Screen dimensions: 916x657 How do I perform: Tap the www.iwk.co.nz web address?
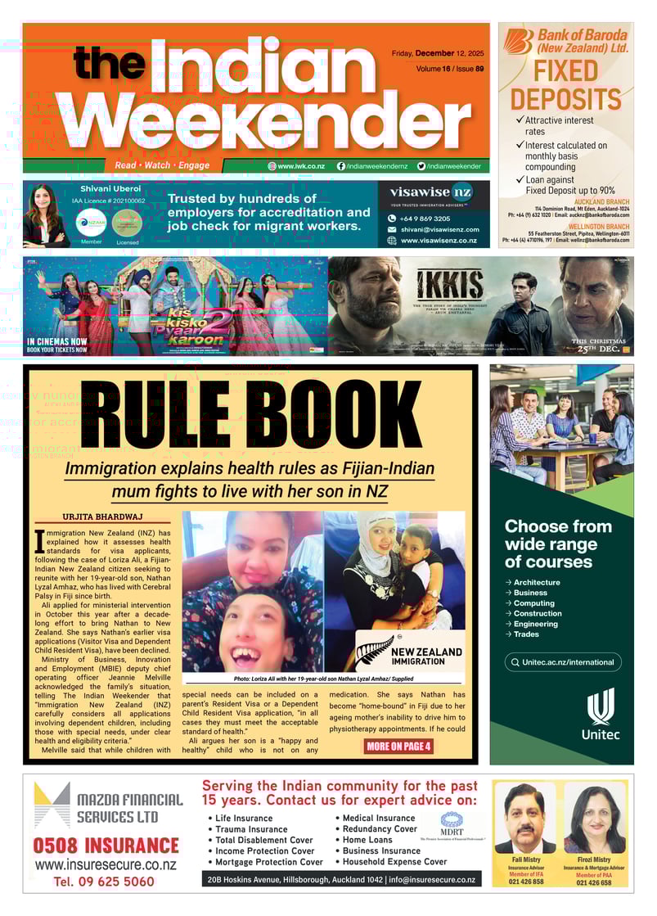[300, 166]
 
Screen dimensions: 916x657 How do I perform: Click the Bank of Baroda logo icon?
[517, 42]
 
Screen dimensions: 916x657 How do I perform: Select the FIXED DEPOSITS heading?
[565, 85]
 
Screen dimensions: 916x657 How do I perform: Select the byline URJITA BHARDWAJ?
[103, 517]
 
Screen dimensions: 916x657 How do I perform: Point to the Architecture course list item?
[537, 582]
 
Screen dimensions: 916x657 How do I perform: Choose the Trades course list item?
[525, 634]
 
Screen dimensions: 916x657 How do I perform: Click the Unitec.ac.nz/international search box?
[562, 662]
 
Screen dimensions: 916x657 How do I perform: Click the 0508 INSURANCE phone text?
[106, 846]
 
